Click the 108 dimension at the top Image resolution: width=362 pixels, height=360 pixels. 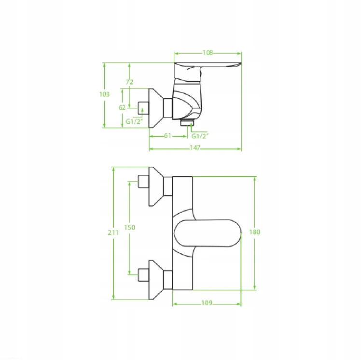pos(208,53)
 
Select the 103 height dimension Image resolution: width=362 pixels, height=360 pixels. pos(104,94)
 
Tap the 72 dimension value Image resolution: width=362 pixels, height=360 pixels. pos(129,82)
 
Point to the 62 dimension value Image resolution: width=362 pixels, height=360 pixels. pos(122,108)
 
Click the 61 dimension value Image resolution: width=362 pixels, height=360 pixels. pos(167,136)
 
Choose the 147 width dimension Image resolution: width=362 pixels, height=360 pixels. pos(195,148)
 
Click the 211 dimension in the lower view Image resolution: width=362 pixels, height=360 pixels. pos(113,233)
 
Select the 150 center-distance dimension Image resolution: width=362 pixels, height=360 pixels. pos(129,228)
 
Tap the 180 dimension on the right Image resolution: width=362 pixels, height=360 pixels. pos(255,232)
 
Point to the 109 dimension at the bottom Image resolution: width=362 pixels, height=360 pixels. pos(207,302)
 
